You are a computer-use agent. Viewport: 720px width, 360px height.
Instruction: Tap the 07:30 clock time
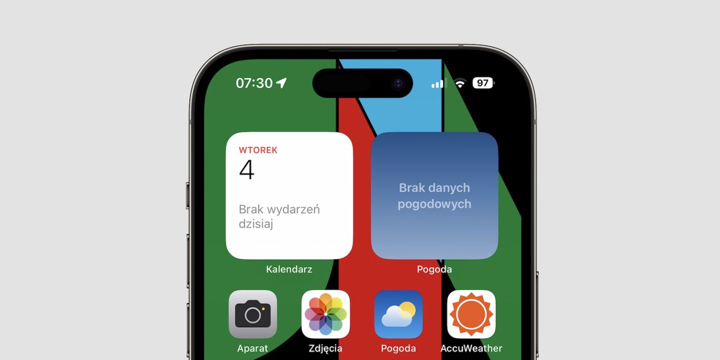pos(254,83)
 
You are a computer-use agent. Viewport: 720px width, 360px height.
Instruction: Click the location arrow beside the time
pos(282,82)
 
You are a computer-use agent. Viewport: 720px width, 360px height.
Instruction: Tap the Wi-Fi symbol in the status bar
pos(460,83)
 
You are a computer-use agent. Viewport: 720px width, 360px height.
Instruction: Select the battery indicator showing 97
pos(483,83)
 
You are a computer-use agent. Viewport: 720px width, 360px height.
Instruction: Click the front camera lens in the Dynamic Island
pos(398,83)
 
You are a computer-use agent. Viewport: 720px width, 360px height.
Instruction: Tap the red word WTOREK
pos(258,150)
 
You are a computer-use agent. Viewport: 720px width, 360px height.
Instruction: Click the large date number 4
pos(247,169)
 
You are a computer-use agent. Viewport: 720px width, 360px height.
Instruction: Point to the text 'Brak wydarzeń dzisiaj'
pos(279,216)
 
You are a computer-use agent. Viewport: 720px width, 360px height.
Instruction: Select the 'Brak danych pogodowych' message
pos(435,196)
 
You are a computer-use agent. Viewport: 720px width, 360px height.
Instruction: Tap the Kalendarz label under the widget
pos(289,270)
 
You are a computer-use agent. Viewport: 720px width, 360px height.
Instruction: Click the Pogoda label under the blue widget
pos(434,270)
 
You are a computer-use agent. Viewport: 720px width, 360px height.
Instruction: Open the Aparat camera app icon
pos(253,314)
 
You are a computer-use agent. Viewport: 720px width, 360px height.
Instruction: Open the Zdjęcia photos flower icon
pos(326,314)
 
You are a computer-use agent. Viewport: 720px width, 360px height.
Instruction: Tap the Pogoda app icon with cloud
pos(398,314)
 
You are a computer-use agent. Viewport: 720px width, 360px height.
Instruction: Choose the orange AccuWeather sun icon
pos(471,314)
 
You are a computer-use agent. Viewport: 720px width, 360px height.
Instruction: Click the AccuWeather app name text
pos(471,348)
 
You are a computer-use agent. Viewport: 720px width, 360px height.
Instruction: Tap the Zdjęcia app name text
pos(326,349)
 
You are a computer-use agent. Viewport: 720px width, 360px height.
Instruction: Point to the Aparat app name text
pos(253,349)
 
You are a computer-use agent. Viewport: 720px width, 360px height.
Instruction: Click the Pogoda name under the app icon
pos(398,348)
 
